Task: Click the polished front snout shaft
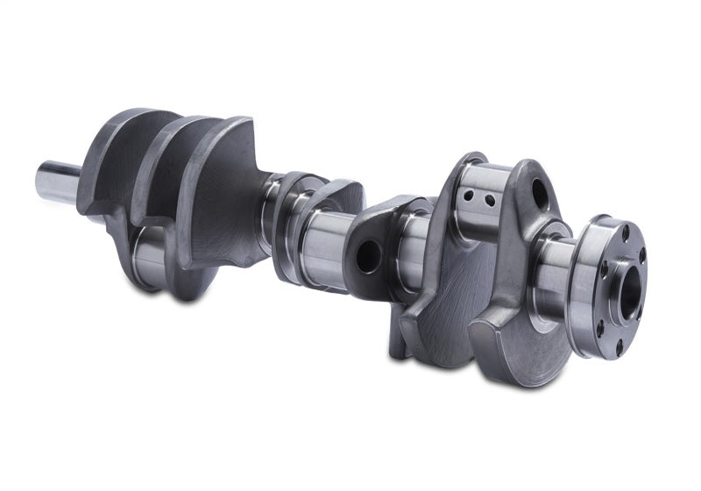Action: (57, 181)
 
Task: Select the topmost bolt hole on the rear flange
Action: (625, 232)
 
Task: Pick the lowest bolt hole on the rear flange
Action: (620, 348)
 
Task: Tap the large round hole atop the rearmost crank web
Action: (539, 195)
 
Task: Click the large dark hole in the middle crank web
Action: (368, 256)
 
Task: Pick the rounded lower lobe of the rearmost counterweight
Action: (517, 351)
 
